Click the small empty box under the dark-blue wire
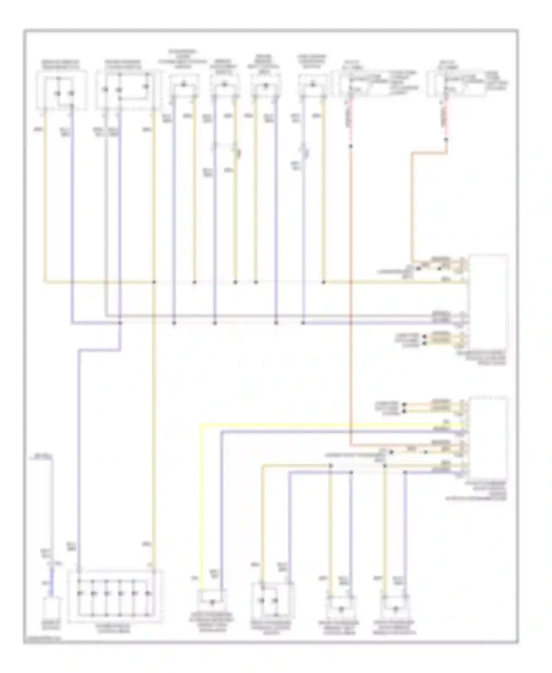click(52, 610)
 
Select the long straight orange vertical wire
click(351, 295)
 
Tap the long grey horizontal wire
click(258, 316)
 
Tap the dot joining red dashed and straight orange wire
click(351, 146)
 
